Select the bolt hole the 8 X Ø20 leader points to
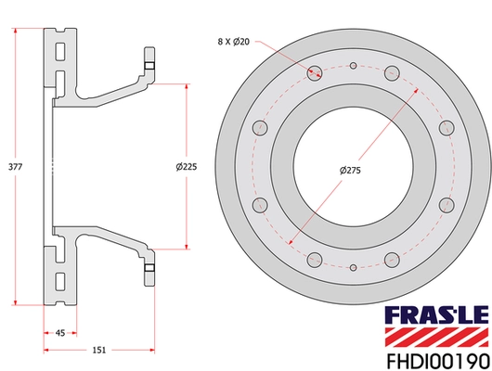click(x=312, y=70)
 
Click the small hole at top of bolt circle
click(x=355, y=65)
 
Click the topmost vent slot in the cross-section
click(x=60, y=45)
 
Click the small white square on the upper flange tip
click(x=148, y=65)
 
